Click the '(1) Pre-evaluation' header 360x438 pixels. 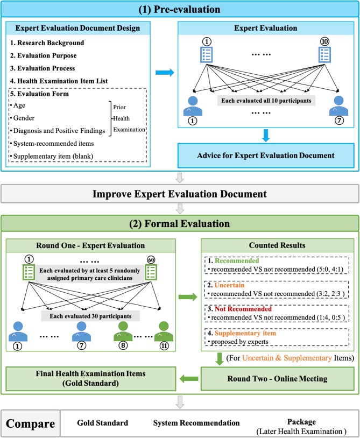point(180,9)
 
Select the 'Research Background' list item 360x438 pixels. point(47,43)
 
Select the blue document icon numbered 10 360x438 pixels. point(326,54)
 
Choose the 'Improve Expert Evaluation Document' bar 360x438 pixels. point(180,194)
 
